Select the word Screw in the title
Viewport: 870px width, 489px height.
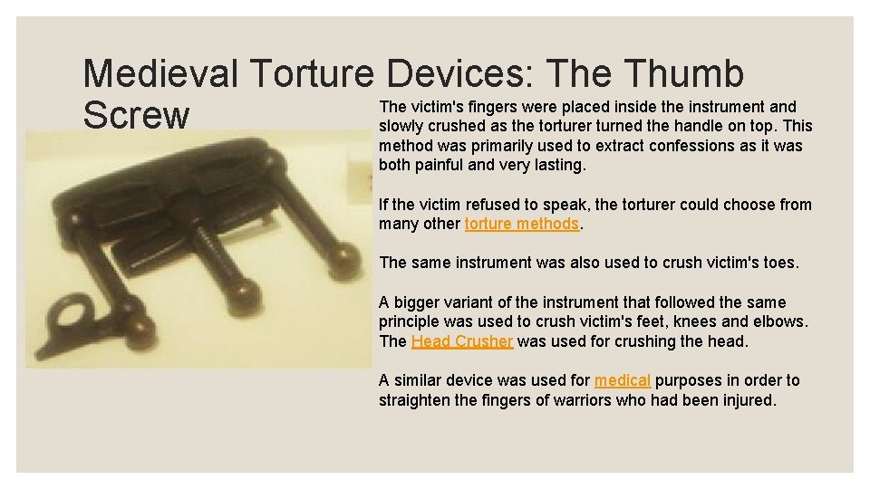click(136, 116)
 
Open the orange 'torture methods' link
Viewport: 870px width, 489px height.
click(521, 224)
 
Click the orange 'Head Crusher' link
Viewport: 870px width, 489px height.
click(462, 341)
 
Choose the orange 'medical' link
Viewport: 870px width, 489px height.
click(623, 380)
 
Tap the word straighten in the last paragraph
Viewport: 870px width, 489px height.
click(418, 400)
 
